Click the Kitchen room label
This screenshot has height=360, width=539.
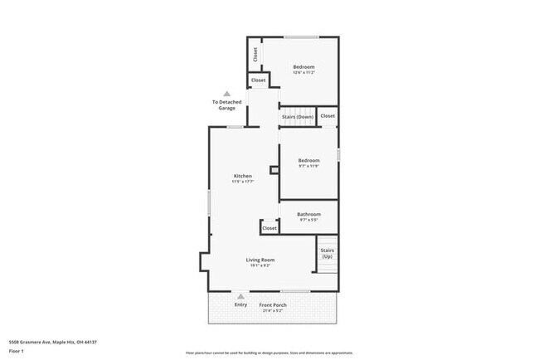(x=243, y=176)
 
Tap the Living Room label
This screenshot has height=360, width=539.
(x=260, y=260)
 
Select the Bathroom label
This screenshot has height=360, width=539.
(x=308, y=214)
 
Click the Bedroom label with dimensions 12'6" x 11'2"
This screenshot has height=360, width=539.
(x=303, y=66)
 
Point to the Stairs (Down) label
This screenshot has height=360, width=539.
(x=298, y=117)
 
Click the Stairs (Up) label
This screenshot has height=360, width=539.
(x=327, y=253)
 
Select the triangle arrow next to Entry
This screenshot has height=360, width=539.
(x=241, y=295)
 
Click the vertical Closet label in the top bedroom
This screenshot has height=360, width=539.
(x=255, y=55)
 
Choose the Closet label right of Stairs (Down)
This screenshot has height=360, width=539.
(x=328, y=116)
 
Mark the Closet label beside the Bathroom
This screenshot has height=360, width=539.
(x=269, y=228)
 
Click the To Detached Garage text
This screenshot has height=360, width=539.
(x=227, y=105)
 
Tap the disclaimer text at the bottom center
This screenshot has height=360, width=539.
(x=269, y=353)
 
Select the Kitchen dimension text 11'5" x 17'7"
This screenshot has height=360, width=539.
(x=243, y=182)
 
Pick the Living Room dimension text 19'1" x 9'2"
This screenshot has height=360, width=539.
(x=260, y=265)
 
